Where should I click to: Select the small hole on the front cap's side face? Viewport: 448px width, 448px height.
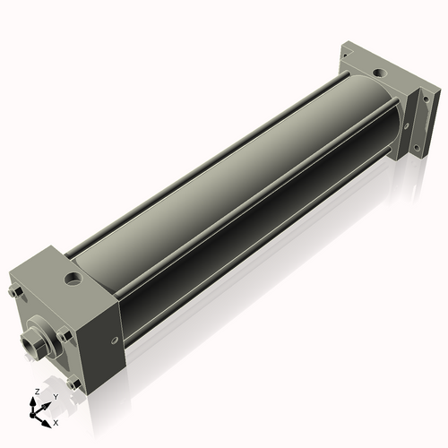click(x=114, y=340)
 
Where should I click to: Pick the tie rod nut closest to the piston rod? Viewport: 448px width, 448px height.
click(x=63, y=334)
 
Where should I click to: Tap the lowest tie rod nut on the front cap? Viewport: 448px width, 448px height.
click(x=74, y=383)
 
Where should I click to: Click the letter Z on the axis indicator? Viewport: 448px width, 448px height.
click(x=35, y=392)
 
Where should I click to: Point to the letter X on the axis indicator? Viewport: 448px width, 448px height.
click(x=56, y=421)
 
